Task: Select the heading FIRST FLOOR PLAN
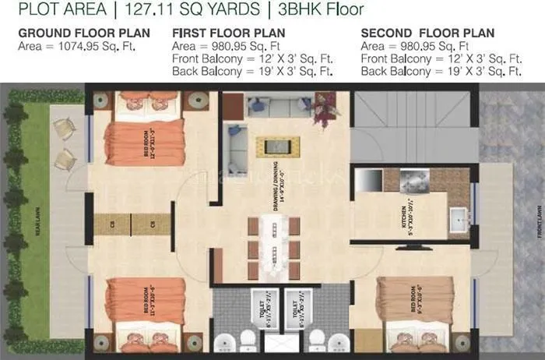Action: tap(228, 34)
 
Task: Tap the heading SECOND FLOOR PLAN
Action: tap(427, 34)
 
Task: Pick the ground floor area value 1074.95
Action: tap(86, 47)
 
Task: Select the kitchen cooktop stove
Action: tap(416, 180)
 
